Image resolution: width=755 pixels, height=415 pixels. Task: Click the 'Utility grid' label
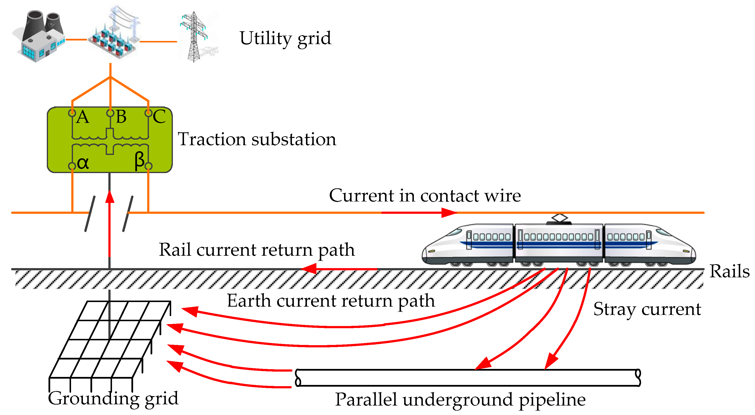(x=285, y=38)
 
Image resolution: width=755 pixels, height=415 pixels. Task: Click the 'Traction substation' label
(x=257, y=139)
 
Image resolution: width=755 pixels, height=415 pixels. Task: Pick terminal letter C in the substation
(x=159, y=117)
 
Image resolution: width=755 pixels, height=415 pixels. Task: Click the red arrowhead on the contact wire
(x=449, y=213)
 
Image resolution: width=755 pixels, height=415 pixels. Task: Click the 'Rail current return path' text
(x=257, y=250)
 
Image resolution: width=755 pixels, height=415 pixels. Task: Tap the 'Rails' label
(x=729, y=271)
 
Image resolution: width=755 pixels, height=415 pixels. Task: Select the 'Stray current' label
(x=647, y=309)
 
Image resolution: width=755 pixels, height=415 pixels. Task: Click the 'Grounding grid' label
(x=113, y=399)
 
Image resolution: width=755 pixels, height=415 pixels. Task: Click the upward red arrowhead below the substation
(x=110, y=197)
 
